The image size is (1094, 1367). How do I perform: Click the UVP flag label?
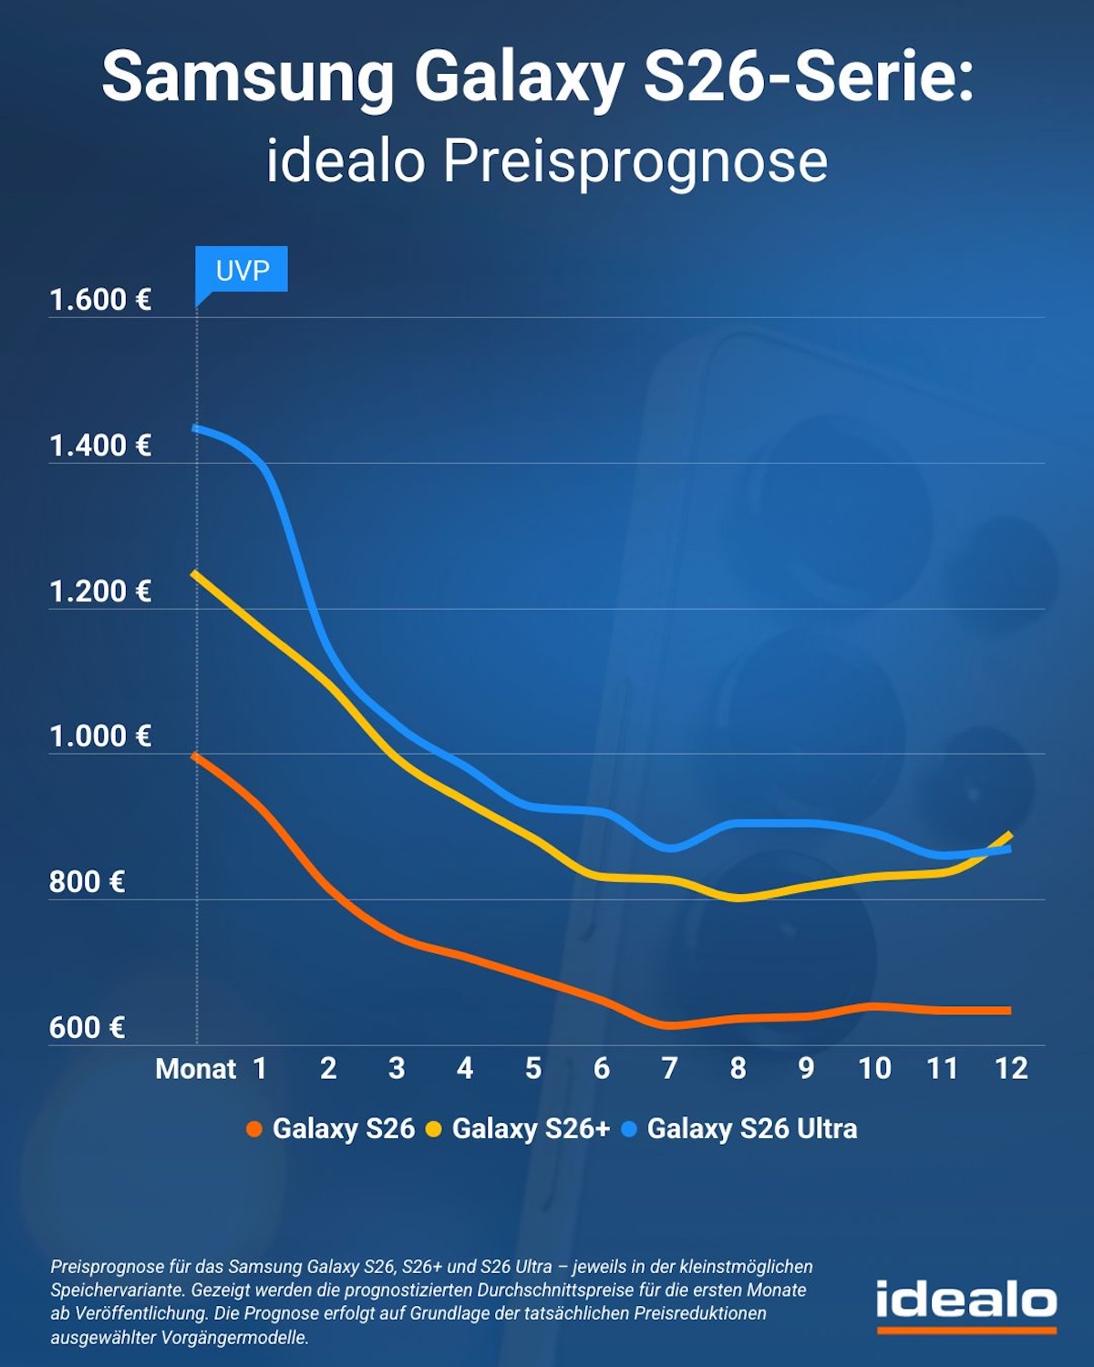[243, 270]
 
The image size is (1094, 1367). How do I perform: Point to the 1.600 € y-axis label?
[100, 300]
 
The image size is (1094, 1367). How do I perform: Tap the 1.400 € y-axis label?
[100, 446]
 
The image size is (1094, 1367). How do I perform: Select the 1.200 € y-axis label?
[100, 591]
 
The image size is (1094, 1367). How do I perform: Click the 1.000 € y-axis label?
[100, 736]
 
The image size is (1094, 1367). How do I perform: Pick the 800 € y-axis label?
[87, 882]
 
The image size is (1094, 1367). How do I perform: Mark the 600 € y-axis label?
[87, 1028]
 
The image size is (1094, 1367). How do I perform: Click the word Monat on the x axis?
[196, 1068]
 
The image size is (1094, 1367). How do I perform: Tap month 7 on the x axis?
[669, 1068]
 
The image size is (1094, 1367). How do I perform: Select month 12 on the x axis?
[1011, 1068]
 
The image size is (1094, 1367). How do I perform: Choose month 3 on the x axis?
[397, 1068]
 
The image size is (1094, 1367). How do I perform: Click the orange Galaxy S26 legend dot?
[254, 1130]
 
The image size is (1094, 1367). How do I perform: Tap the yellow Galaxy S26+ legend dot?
[434, 1130]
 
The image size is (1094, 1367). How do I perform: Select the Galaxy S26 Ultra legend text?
[752, 1129]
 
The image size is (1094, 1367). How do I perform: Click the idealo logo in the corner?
[966, 1303]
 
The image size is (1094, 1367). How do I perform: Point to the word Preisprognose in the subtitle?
[635, 161]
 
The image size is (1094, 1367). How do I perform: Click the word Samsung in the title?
[248, 78]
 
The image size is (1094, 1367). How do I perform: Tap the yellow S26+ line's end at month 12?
[1010, 834]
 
